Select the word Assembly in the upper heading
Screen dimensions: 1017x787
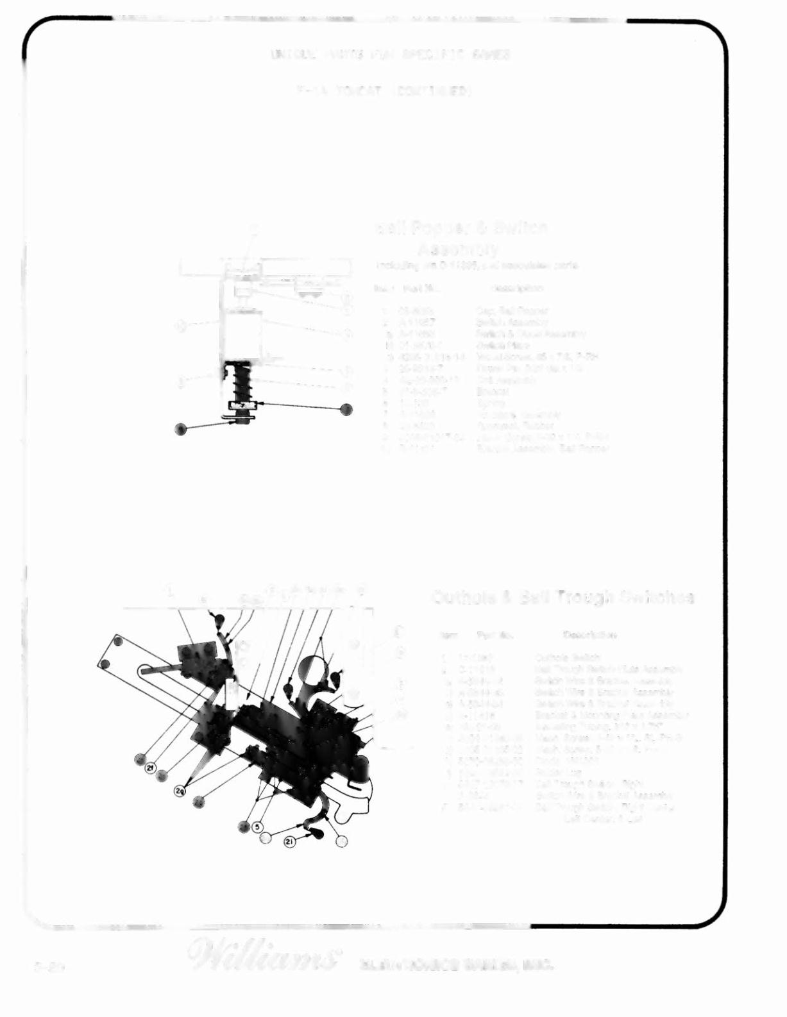pyautogui.click(x=458, y=248)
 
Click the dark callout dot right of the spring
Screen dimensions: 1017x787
pyautogui.click(x=346, y=409)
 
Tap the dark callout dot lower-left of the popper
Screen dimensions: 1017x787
pyautogui.click(x=181, y=429)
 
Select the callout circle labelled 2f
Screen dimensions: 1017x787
pyautogui.click(x=150, y=768)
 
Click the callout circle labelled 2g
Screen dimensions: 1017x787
pyautogui.click(x=181, y=791)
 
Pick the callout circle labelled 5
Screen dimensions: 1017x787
pyautogui.click(x=257, y=827)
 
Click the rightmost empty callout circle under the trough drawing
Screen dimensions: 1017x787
pyautogui.click(x=342, y=840)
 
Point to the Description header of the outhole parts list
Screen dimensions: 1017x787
pyautogui.click(x=590, y=635)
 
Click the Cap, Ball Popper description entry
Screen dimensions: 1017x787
pyautogui.click(x=511, y=311)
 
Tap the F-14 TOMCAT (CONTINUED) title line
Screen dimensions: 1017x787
pyautogui.click(x=384, y=92)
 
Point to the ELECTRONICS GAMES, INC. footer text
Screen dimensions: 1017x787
pyautogui.click(x=456, y=964)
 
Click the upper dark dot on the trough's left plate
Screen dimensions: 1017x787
pyautogui.click(x=118, y=641)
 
